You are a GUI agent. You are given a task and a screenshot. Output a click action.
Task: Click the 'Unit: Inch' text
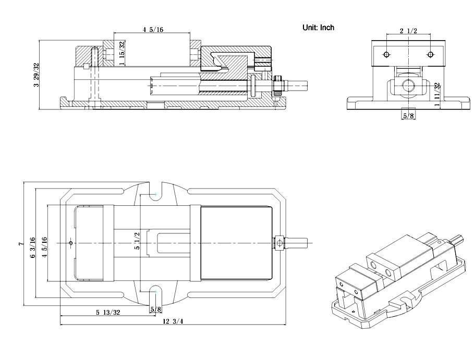pyautogui.click(x=318, y=28)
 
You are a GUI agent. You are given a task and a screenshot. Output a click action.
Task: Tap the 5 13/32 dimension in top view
pyautogui.click(x=108, y=312)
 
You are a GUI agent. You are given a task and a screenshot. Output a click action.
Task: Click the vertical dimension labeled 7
pyautogui.click(x=20, y=243)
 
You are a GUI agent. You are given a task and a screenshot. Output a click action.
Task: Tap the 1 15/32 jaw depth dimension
pyautogui.click(x=121, y=53)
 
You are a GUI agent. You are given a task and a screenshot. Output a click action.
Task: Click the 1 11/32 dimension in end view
pyautogui.click(x=438, y=94)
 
